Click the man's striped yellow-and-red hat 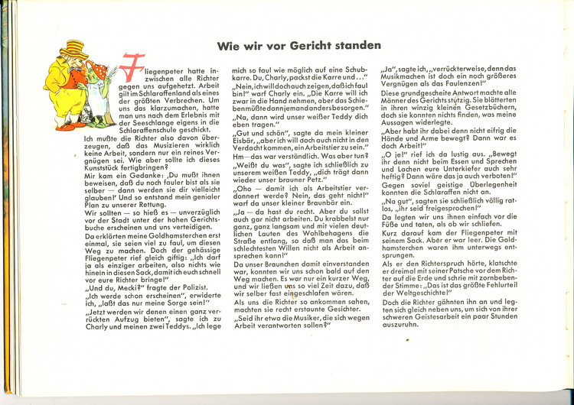[x=74, y=49]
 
